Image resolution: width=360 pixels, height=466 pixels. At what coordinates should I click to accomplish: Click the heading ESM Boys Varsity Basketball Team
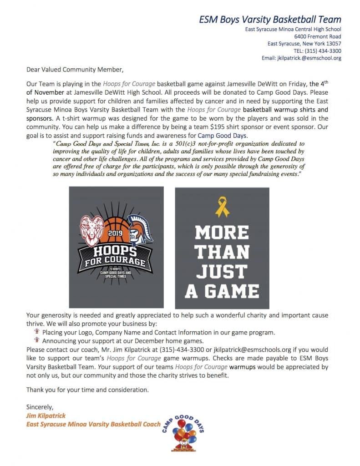[270, 20]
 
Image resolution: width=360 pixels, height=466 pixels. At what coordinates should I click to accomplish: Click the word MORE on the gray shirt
[222, 233]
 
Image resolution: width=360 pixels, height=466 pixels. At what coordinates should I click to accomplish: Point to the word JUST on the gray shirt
[222, 271]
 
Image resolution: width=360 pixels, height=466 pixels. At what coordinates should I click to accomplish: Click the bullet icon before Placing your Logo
[37, 332]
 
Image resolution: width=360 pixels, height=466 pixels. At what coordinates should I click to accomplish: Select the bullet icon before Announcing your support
[37, 340]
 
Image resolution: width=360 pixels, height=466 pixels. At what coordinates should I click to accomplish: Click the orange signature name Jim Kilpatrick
[46, 415]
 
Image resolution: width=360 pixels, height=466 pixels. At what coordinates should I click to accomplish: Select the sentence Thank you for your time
[87, 390]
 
